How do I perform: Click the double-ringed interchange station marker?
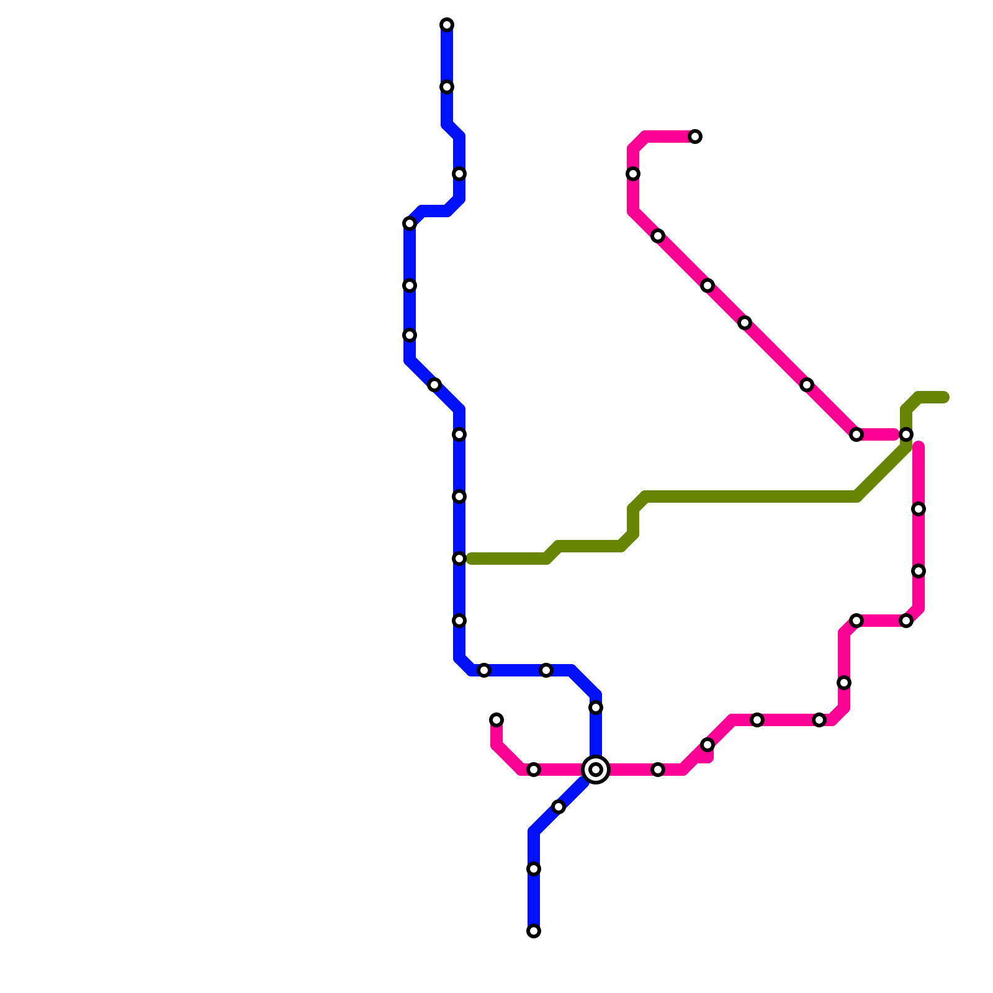pos(596,770)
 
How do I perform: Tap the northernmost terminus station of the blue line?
pos(447,25)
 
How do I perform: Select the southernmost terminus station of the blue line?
pos(534,931)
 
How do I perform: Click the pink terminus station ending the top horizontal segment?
pos(695,137)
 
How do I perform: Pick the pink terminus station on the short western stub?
pos(496,720)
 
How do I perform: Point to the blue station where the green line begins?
pos(459,559)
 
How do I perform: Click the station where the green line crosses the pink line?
pos(906,434)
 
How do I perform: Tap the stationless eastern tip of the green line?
pos(945,397)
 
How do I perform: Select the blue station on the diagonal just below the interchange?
pos(559,807)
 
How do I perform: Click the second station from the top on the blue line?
pos(447,87)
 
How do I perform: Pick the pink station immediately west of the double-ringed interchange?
pos(534,770)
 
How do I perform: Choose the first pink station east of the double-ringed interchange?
pos(658,770)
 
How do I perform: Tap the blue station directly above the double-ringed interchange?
pos(596,708)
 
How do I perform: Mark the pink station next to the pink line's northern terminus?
pos(633,174)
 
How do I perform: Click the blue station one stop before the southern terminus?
pos(534,869)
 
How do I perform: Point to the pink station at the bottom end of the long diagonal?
pos(856,434)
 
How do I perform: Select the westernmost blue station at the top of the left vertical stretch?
pos(410,223)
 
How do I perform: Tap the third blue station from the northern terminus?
pos(459,174)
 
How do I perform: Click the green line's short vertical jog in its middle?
pos(633,521)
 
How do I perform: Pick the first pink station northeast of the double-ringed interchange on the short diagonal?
pos(708,745)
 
